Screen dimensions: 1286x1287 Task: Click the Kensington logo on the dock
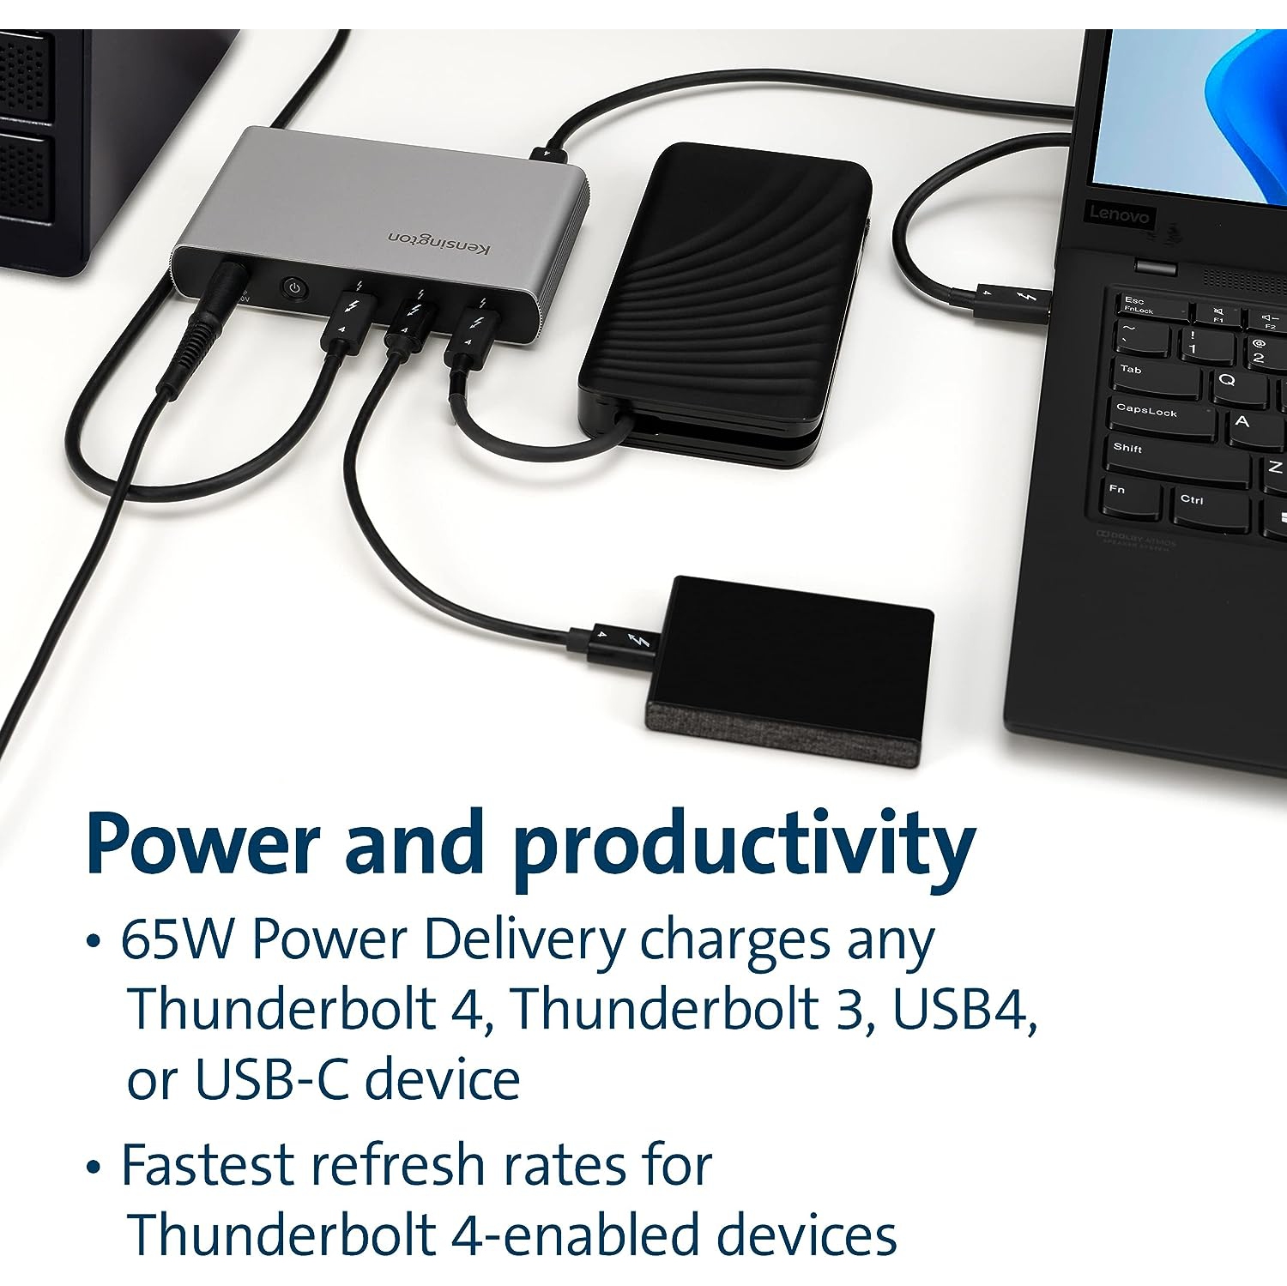[x=438, y=243]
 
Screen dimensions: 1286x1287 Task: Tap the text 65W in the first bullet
[x=177, y=941]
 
